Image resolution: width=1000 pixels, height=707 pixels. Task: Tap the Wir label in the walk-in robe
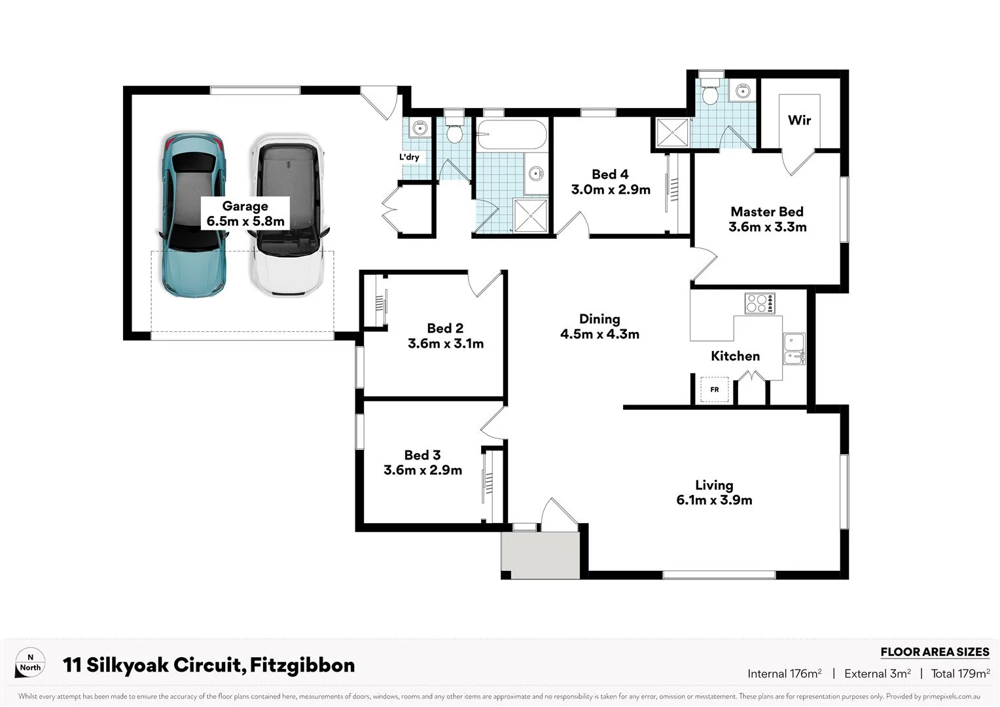pyautogui.click(x=799, y=120)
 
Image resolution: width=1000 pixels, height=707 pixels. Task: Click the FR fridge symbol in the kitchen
pyautogui.click(x=714, y=390)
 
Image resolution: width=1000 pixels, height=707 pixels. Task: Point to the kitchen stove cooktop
pyautogui.click(x=760, y=304)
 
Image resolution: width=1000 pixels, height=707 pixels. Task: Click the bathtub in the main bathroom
pyautogui.click(x=511, y=136)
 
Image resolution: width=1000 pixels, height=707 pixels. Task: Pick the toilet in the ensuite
pyautogui.click(x=709, y=92)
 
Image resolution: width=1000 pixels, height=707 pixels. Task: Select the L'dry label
pyautogui.click(x=409, y=157)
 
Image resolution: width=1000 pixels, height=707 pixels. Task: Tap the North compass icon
pyautogui.click(x=30, y=663)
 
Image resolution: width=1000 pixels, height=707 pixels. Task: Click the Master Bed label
pyautogui.click(x=767, y=212)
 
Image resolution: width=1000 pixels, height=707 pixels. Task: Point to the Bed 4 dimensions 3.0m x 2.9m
pyautogui.click(x=611, y=190)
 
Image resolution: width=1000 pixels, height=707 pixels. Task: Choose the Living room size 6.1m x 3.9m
pyautogui.click(x=714, y=500)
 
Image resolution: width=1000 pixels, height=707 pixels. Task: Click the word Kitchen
pyautogui.click(x=735, y=356)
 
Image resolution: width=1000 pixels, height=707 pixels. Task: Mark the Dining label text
pyautogui.click(x=599, y=319)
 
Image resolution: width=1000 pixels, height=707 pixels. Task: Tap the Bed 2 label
pyautogui.click(x=445, y=329)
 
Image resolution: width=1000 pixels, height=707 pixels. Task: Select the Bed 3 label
pyautogui.click(x=422, y=455)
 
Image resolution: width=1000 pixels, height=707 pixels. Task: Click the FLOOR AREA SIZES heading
pyautogui.click(x=934, y=652)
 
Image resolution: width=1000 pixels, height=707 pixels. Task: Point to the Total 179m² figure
pyautogui.click(x=960, y=674)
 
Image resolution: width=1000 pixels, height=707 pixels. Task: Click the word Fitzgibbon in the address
pyautogui.click(x=302, y=665)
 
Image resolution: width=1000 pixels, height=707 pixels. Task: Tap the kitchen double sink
pyautogui.click(x=794, y=348)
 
